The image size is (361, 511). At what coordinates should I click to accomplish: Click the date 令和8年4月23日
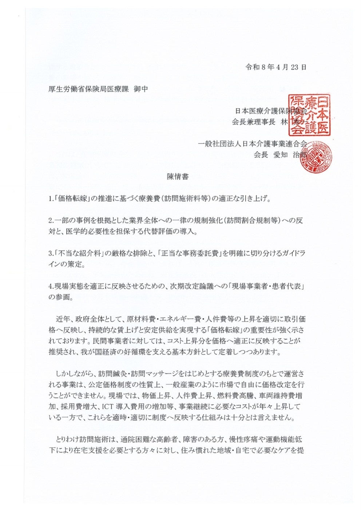(x=275, y=67)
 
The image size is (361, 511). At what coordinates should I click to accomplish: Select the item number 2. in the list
(x=51, y=221)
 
